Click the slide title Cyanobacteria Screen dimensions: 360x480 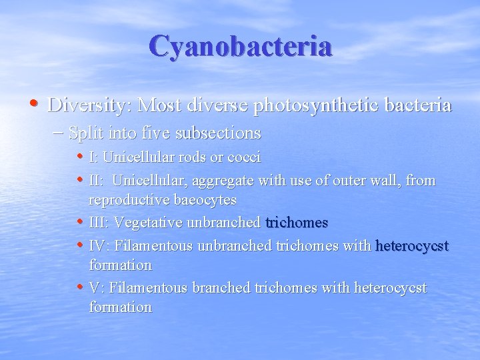[240, 47]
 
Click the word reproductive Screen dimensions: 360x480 [131, 200]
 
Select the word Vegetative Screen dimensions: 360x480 [153, 222]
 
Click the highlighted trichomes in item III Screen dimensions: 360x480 [297, 222]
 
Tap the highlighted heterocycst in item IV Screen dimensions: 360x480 [413, 245]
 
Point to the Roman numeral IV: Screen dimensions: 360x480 [99, 245]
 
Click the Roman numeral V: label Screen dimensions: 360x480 [97, 287]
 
